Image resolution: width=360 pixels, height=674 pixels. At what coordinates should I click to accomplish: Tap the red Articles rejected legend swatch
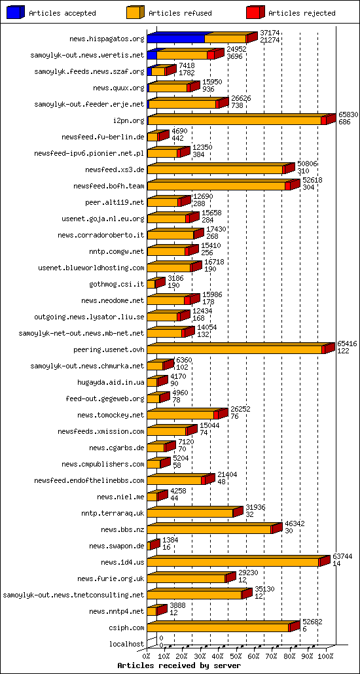(255, 13)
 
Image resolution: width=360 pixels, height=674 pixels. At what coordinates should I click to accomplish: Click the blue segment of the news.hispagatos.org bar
(175, 39)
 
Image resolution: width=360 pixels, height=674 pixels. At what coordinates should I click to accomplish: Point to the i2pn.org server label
(128, 120)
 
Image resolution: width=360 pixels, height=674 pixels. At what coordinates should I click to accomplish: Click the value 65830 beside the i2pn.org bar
(348, 115)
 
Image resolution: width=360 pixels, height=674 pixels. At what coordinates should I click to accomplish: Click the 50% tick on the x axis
(236, 656)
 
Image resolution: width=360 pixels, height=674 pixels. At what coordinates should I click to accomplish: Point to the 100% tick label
(325, 656)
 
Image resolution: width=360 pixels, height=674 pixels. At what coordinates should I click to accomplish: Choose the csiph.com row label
(128, 628)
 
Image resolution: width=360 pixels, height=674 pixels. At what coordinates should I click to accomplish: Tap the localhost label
(126, 644)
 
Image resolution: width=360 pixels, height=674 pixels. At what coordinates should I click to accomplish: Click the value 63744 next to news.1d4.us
(342, 556)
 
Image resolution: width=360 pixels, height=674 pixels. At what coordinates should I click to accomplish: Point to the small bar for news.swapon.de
(152, 546)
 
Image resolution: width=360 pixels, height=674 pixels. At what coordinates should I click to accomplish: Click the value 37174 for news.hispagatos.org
(270, 33)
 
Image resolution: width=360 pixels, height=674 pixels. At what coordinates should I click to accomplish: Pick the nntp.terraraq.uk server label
(113, 513)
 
